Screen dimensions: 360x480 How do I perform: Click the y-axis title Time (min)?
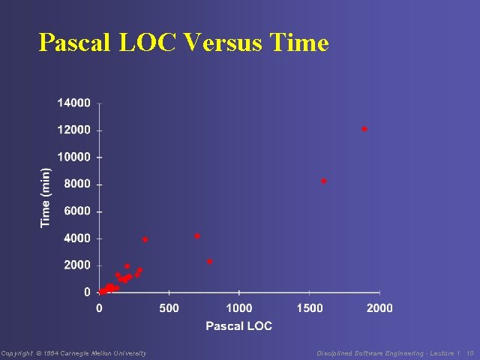(x=46, y=197)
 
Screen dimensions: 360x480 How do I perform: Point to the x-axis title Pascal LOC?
(x=238, y=325)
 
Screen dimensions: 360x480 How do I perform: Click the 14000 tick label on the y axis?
(x=74, y=103)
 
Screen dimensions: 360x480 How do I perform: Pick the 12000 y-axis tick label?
(x=74, y=130)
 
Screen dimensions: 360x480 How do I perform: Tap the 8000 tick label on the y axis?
(x=77, y=184)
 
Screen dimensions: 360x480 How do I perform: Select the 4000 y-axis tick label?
(x=77, y=238)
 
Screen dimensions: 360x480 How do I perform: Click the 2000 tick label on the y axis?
(x=77, y=265)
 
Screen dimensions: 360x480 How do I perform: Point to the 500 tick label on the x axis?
(x=169, y=307)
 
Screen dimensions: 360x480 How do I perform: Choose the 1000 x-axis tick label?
(x=239, y=307)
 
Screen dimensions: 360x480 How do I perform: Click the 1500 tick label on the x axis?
(x=310, y=307)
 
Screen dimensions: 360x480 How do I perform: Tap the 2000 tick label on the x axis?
(x=379, y=307)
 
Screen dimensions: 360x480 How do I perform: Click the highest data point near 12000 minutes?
(x=364, y=129)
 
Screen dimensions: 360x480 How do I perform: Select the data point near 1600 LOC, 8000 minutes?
(x=324, y=181)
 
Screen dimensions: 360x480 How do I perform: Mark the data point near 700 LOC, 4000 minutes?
(x=197, y=236)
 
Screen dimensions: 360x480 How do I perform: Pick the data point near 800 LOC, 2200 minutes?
(x=210, y=262)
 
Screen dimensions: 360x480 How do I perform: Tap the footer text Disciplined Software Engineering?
(x=379, y=353)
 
